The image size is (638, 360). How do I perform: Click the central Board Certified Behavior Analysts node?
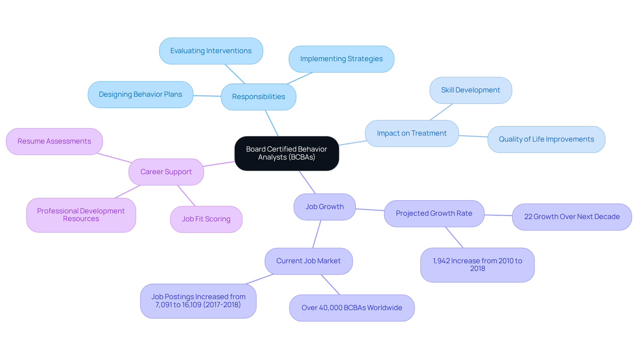[x=286, y=153]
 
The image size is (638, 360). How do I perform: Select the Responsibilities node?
[x=259, y=97]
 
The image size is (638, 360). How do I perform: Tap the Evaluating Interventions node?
[x=211, y=51]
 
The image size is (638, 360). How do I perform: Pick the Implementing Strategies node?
[x=341, y=59]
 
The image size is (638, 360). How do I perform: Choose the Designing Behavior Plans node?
[x=140, y=94]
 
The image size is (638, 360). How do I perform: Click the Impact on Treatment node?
[x=412, y=133]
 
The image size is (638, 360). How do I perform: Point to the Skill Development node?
[x=471, y=90]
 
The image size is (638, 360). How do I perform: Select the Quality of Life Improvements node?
[x=546, y=139]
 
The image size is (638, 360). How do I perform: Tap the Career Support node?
[x=166, y=172]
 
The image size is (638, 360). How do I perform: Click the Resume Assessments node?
[x=54, y=141]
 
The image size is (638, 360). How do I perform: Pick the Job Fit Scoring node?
[x=206, y=219]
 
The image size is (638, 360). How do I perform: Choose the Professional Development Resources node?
[x=81, y=215]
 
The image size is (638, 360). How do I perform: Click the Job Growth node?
[x=325, y=207]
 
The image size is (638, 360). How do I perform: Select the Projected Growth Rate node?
[x=434, y=213]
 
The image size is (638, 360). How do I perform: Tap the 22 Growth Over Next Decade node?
[x=572, y=217]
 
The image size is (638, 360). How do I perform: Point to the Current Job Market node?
[x=308, y=261]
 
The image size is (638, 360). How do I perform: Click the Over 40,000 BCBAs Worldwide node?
[x=352, y=308]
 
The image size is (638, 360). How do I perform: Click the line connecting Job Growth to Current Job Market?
[x=317, y=234]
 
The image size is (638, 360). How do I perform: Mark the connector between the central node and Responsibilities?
[x=272, y=123]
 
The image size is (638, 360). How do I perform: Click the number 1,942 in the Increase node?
[x=441, y=261]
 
